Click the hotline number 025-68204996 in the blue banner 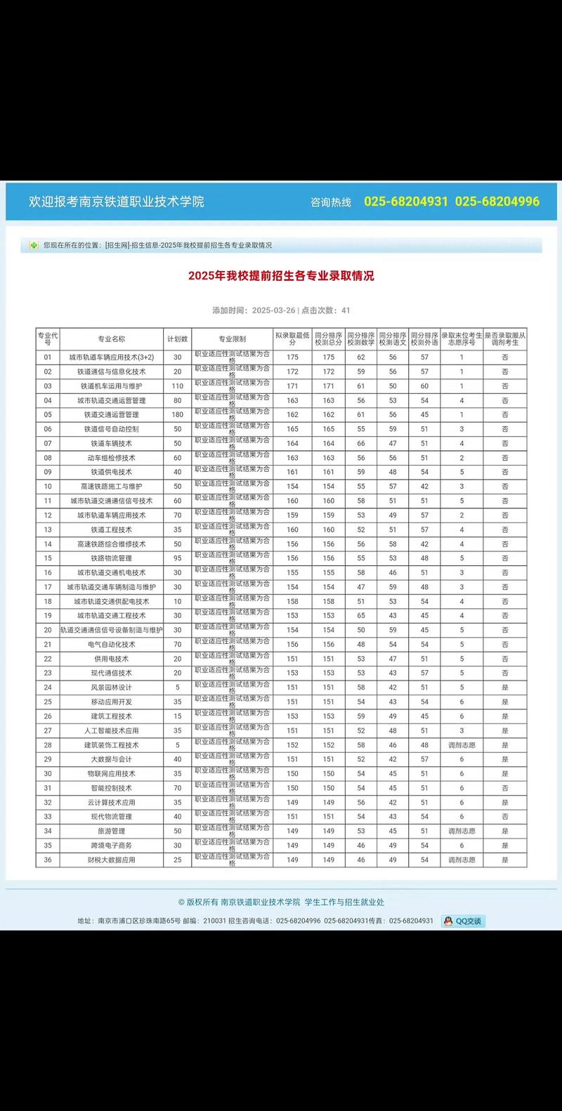pyautogui.click(x=497, y=202)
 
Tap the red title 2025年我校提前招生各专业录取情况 pyautogui.click(x=281, y=276)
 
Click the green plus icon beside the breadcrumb pyautogui.click(x=33, y=245)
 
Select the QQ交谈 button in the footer pyautogui.click(x=463, y=921)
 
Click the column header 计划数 pyautogui.click(x=178, y=339)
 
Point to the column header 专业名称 pyautogui.click(x=112, y=339)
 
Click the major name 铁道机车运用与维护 pyautogui.click(x=112, y=386)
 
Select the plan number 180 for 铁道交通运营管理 pyautogui.click(x=178, y=415)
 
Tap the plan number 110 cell pyautogui.click(x=178, y=386)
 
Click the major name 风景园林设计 pyautogui.click(x=112, y=688)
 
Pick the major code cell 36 pyautogui.click(x=48, y=860)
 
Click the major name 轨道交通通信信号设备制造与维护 pyautogui.click(x=112, y=630)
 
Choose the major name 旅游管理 pyautogui.click(x=112, y=831)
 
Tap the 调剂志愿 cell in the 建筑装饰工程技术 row pyautogui.click(x=462, y=745)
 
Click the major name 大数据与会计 pyautogui.click(x=112, y=759)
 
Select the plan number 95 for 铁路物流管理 pyautogui.click(x=178, y=558)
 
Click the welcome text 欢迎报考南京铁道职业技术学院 pyautogui.click(x=117, y=202)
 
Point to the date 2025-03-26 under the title pyautogui.click(x=273, y=310)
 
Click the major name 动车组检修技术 pyautogui.click(x=112, y=458)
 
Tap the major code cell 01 pyautogui.click(x=48, y=357)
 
